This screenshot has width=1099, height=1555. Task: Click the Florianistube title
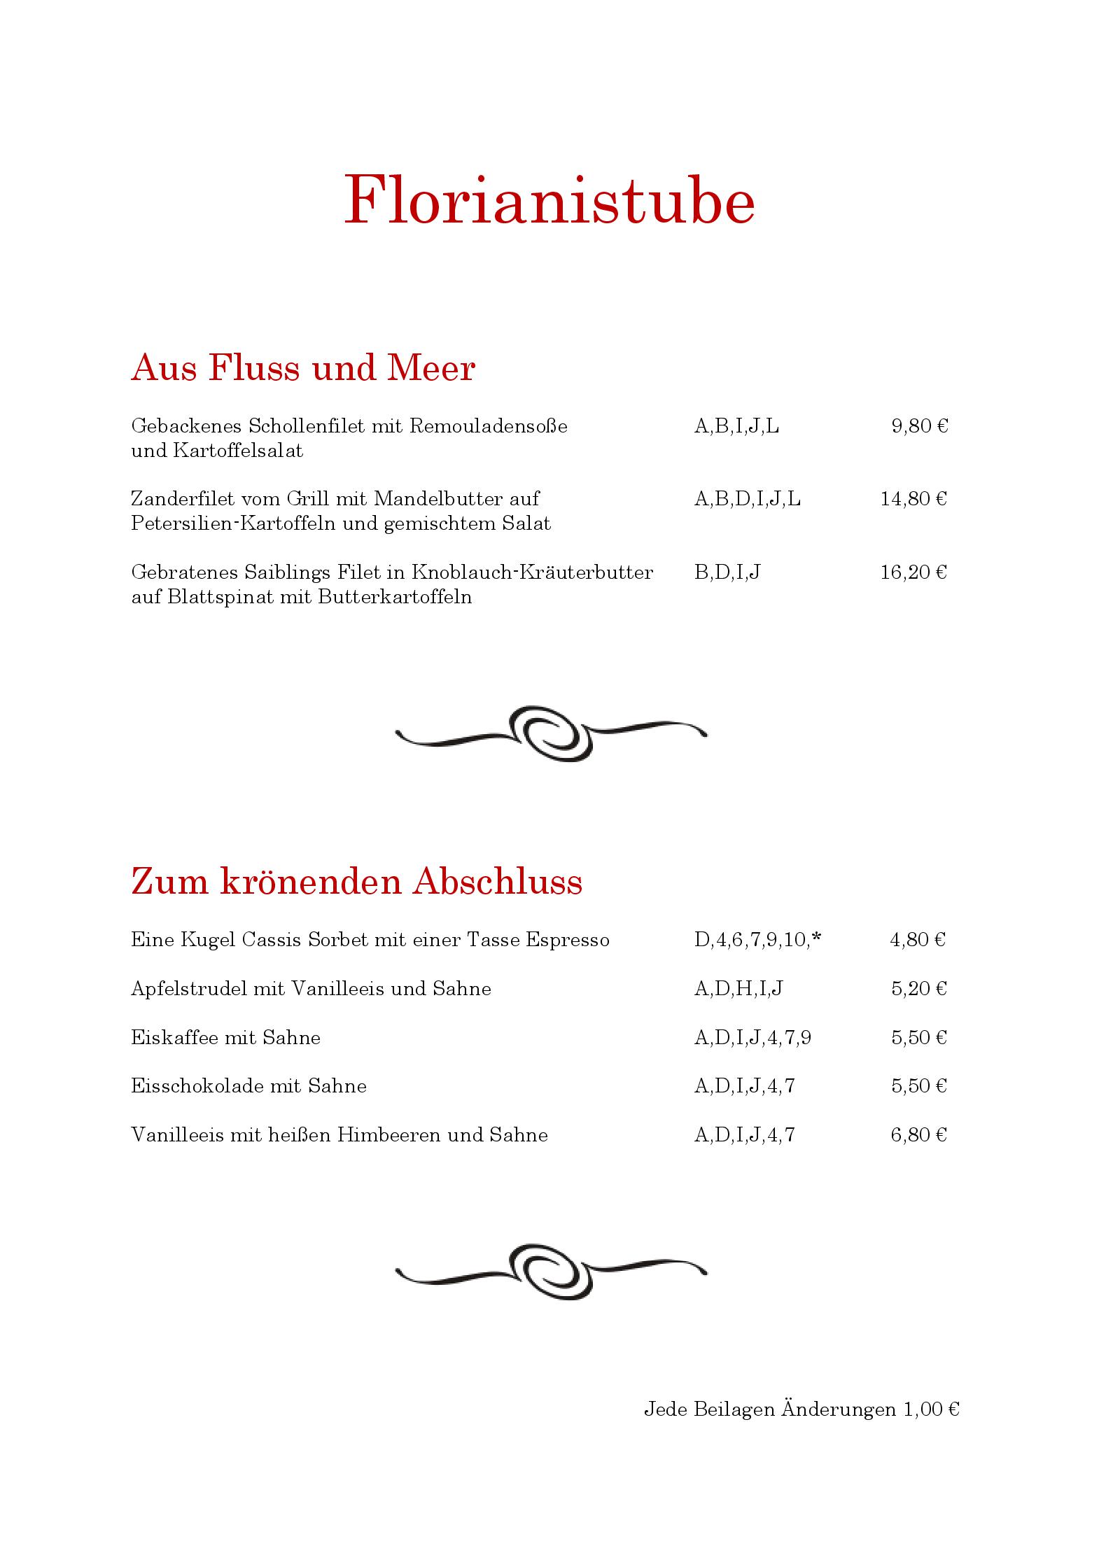(x=549, y=201)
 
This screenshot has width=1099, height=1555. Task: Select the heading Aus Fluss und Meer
(x=303, y=368)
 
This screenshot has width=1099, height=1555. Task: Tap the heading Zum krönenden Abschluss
(x=356, y=882)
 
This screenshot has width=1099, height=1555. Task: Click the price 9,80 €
(x=919, y=426)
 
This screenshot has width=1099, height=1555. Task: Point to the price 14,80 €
(x=913, y=499)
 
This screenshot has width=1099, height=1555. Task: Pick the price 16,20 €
(x=913, y=572)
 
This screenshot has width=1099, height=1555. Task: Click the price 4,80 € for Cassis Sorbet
(x=918, y=940)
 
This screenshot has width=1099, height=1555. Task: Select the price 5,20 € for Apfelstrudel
(x=918, y=989)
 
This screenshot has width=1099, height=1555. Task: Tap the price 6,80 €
(x=918, y=1135)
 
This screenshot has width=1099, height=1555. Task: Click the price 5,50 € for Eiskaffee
(x=918, y=1038)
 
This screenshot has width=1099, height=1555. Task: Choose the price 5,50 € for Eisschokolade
(x=918, y=1086)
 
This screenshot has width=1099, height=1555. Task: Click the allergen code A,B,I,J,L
(x=736, y=426)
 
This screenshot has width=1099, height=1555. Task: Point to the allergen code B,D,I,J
(x=727, y=572)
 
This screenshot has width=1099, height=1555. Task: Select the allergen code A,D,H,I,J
(x=738, y=989)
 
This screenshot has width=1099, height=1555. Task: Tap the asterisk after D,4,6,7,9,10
(x=816, y=938)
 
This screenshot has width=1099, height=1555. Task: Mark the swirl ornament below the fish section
(x=551, y=733)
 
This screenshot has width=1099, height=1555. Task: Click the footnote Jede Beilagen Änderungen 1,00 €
(x=801, y=1409)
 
